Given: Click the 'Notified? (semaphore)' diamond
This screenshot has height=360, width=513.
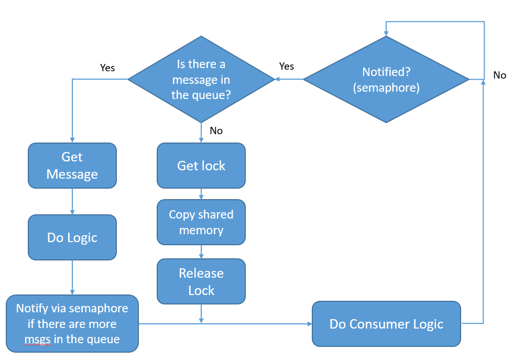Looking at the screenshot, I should click(x=386, y=80).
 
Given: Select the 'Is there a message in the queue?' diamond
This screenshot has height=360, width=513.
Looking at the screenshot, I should click(x=201, y=80).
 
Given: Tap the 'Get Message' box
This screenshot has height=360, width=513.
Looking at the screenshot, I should click(x=72, y=166).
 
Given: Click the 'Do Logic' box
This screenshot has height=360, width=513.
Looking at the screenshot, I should click(x=72, y=237).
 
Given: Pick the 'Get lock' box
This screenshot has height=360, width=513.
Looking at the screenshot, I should click(x=201, y=166).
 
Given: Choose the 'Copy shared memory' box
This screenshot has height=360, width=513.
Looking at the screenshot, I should click(x=201, y=222).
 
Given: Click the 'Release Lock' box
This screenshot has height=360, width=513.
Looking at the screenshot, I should click(x=201, y=281).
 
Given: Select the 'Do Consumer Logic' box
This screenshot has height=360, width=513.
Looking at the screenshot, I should click(x=386, y=324).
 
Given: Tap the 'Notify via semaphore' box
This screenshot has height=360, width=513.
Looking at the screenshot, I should click(x=72, y=324).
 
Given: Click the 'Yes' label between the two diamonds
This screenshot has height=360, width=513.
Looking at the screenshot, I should click(x=287, y=66).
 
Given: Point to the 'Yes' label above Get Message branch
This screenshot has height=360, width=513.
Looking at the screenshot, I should click(x=107, y=68).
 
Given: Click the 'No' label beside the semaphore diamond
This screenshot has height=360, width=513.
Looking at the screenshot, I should click(x=499, y=75).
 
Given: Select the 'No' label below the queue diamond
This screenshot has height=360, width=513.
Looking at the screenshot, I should click(x=216, y=131).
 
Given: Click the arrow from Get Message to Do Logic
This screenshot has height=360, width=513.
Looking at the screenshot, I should click(x=72, y=202).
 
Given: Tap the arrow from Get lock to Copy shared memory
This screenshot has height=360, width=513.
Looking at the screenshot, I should click(x=201, y=194).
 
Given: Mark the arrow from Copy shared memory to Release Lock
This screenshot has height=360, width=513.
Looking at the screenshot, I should click(x=201, y=252).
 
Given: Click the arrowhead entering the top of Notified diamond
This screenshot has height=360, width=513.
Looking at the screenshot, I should click(x=386, y=33).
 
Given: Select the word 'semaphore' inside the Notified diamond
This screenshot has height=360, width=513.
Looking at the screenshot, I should click(x=387, y=88).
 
